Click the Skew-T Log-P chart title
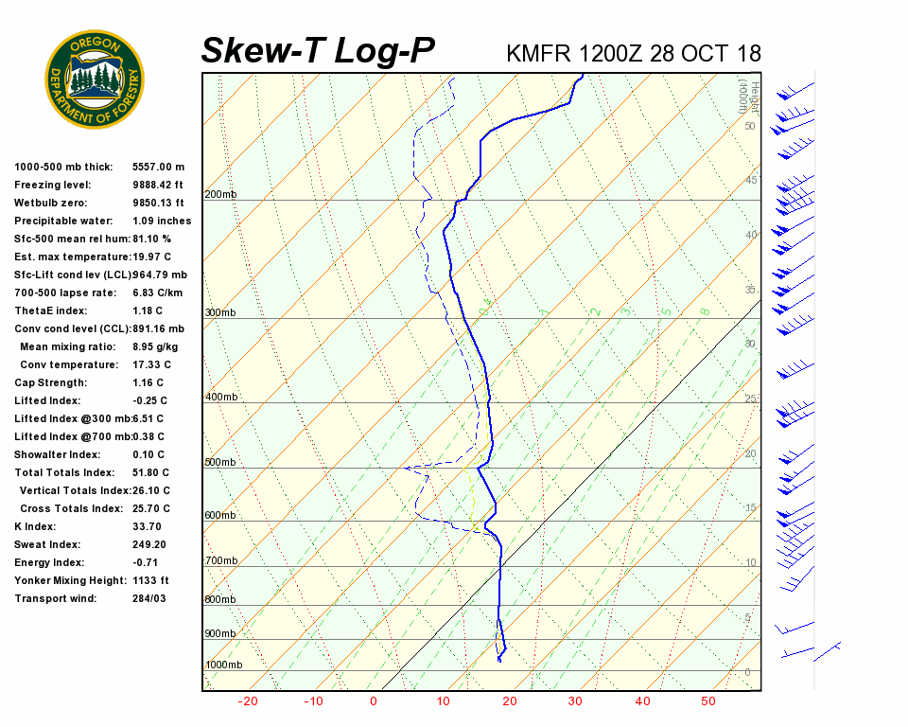click(319, 51)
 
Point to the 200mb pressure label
click(220, 194)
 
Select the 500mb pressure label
click(220, 462)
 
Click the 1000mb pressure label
click(223, 665)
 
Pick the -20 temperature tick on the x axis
click(248, 701)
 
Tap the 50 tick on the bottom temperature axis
click(707, 701)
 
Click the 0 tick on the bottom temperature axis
click(374, 701)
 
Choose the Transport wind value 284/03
click(149, 598)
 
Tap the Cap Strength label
click(50, 382)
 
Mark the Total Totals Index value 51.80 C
click(151, 472)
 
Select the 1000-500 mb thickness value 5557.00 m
click(159, 167)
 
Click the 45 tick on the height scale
click(751, 180)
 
